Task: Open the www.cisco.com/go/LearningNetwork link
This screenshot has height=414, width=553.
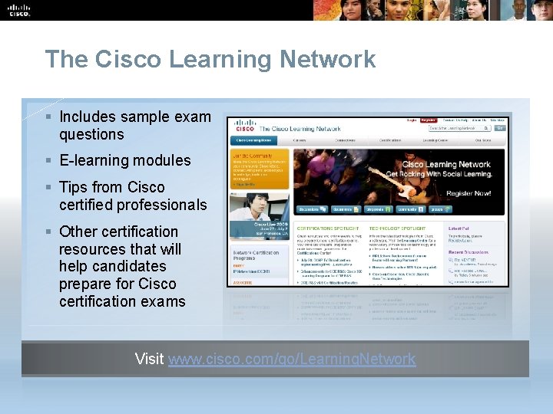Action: [x=292, y=359]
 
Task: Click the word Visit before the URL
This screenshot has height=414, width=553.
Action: [x=149, y=359]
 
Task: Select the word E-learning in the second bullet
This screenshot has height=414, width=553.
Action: [x=97, y=160]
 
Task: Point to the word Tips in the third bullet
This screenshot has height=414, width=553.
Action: [x=74, y=187]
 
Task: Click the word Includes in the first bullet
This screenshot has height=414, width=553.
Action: [x=87, y=117]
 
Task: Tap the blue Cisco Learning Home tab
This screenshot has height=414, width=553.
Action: [x=253, y=140]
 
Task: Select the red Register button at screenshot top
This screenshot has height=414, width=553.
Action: [x=427, y=120]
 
